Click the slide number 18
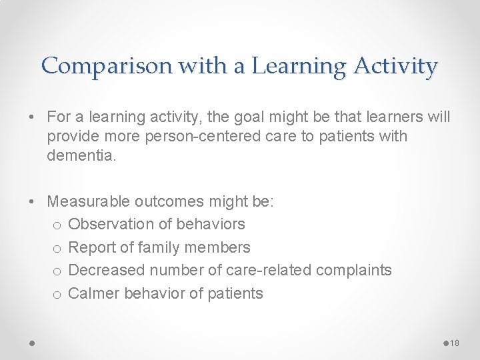(x=455, y=343)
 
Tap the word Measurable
(x=89, y=201)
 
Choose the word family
(x=160, y=247)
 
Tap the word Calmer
(x=92, y=293)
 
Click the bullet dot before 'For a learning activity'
(x=32, y=117)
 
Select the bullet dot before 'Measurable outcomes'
(x=32, y=201)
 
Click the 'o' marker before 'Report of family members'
(x=57, y=248)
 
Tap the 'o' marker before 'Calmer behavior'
(x=57, y=294)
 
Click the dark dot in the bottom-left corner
(x=32, y=343)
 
